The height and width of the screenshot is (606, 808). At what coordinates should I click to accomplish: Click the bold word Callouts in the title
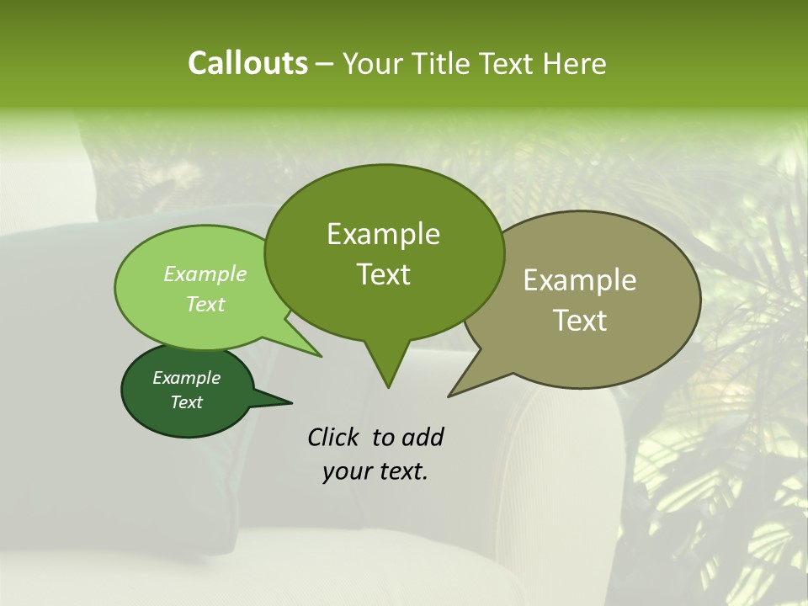(247, 63)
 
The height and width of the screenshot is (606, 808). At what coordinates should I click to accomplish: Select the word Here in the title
(575, 63)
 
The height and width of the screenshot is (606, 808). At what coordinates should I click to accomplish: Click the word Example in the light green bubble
(205, 274)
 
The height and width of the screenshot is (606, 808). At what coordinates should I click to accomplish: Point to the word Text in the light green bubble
(205, 304)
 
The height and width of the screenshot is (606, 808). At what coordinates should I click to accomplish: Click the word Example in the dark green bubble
(186, 378)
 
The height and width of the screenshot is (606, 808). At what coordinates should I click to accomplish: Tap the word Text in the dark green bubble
(186, 402)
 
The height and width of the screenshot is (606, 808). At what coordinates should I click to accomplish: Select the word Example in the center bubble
(383, 234)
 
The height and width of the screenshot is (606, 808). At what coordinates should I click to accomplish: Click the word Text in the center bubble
(383, 274)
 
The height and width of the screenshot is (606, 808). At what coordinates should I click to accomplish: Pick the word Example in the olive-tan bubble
(580, 280)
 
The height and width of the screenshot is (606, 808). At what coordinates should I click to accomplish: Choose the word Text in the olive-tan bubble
(580, 320)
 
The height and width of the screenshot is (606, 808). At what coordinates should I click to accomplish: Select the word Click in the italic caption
(334, 437)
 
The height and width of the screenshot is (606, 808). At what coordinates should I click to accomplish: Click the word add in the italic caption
(423, 437)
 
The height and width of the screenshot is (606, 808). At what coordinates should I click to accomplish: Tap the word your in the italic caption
(345, 471)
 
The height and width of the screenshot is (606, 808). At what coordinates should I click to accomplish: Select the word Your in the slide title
(371, 63)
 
